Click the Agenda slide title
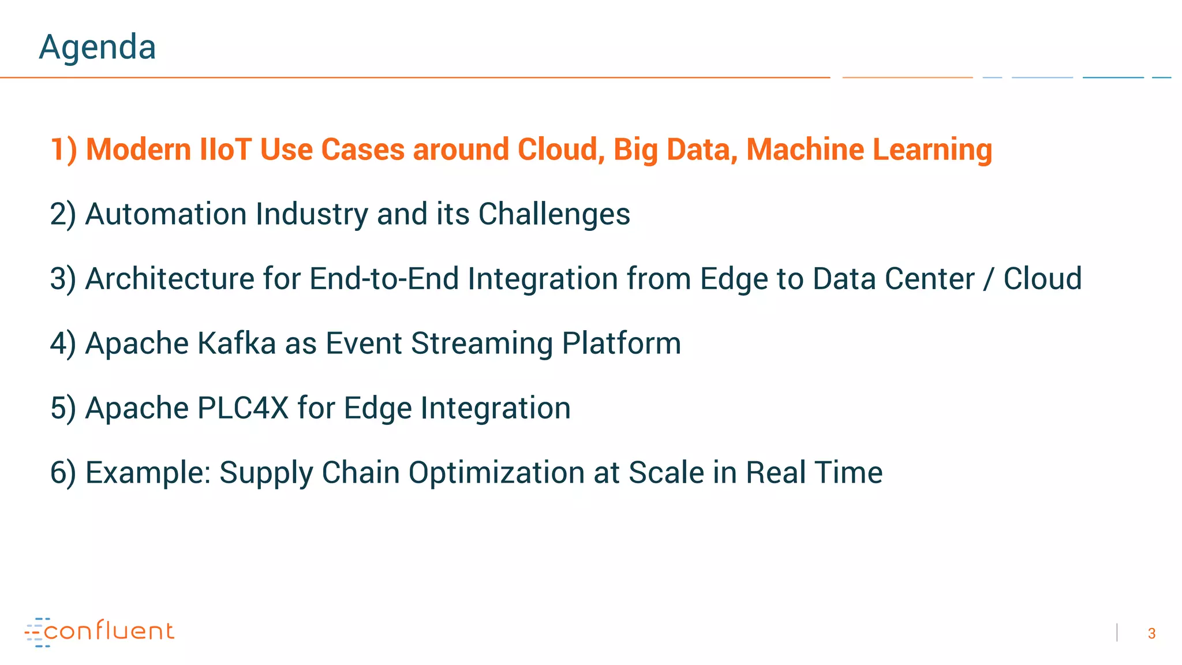pyautogui.click(x=97, y=47)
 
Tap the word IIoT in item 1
pyautogui.click(x=225, y=150)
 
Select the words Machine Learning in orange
pyautogui.click(x=869, y=150)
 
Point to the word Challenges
pyautogui.click(x=554, y=214)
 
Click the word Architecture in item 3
pyautogui.click(x=170, y=279)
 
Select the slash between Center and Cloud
pyautogui.click(x=989, y=279)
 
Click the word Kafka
pyautogui.click(x=237, y=343)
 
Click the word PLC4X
pyautogui.click(x=242, y=408)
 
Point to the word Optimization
pyautogui.click(x=496, y=473)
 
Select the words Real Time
pyautogui.click(x=814, y=473)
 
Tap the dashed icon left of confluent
pyautogui.click(x=36, y=632)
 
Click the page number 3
pyautogui.click(x=1151, y=634)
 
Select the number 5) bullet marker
pyautogui.click(x=63, y=408)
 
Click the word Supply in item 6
pyautogui.click(x=266, y=473)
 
